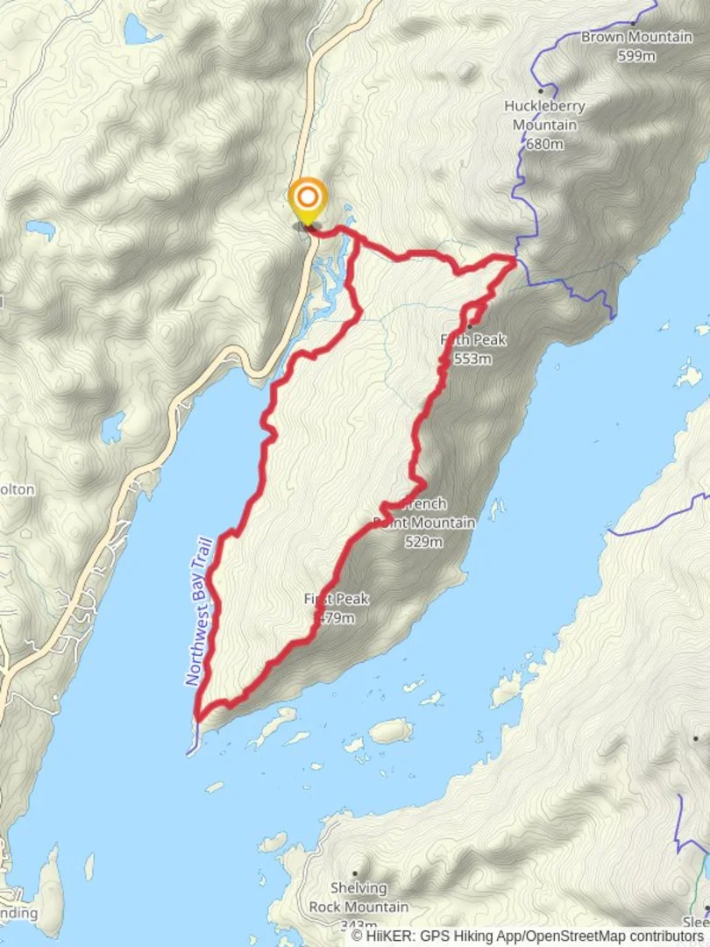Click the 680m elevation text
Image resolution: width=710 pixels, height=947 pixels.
[544, 144]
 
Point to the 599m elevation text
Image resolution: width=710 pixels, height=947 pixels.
[636, 57]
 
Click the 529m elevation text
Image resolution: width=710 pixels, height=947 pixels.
[423, 542]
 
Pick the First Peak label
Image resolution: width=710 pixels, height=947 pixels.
[337, 600]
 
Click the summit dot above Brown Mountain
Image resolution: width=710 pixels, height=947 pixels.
[633, 22]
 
